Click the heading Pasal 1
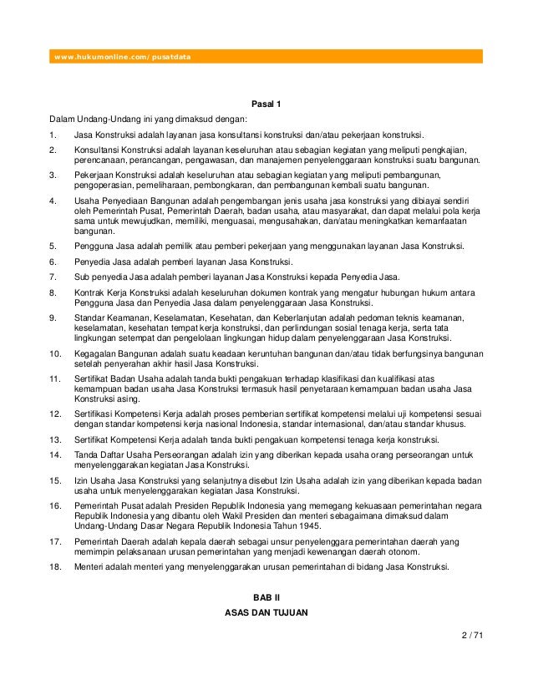[266, 104]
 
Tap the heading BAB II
[266, 596]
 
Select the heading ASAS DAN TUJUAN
[266, 613]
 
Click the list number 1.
[52, 134]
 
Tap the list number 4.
[52, 201]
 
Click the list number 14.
[54, 455]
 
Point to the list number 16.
[54, 506]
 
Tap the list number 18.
[54, 567]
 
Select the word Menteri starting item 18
[89, 567]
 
